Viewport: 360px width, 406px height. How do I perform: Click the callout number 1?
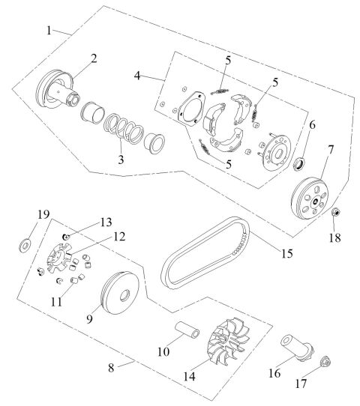[x=49, y=31]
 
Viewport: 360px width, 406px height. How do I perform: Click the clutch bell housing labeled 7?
[x=310, y=195]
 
